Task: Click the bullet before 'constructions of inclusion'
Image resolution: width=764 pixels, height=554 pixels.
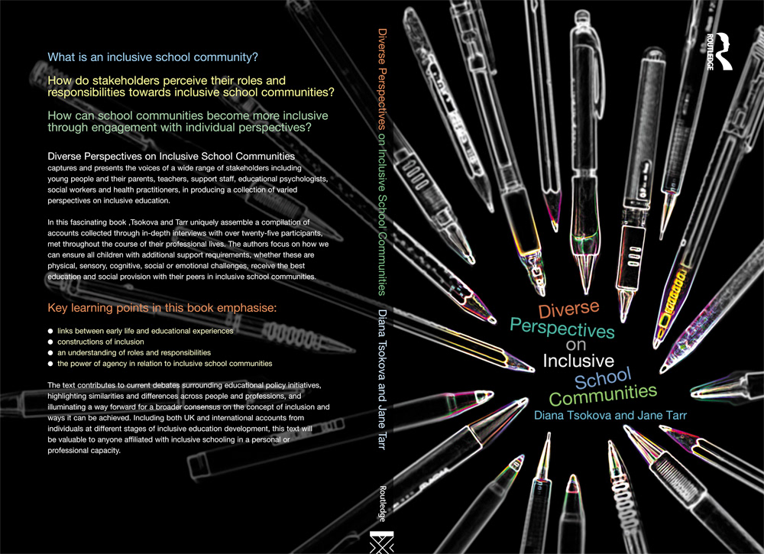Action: pos(50,342)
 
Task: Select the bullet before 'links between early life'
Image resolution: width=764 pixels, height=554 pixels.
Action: pos(50,332)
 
